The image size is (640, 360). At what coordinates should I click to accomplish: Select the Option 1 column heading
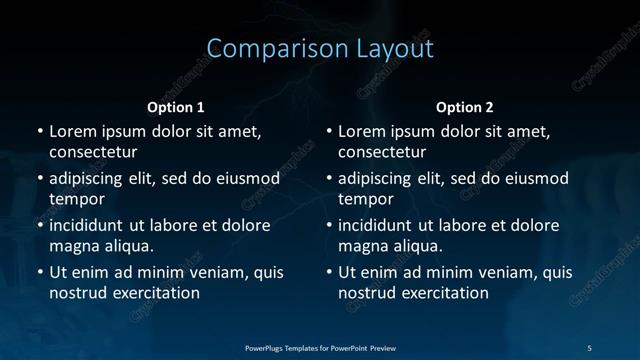176,107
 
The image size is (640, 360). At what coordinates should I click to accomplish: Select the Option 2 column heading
465,107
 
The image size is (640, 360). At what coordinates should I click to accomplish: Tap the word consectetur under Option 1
93,152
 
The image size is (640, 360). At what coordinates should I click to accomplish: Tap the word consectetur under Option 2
383,152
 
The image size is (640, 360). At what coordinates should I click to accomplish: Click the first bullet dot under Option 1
40,132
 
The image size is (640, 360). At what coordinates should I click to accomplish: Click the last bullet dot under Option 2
330,272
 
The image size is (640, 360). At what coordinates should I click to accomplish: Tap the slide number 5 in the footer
589,346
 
